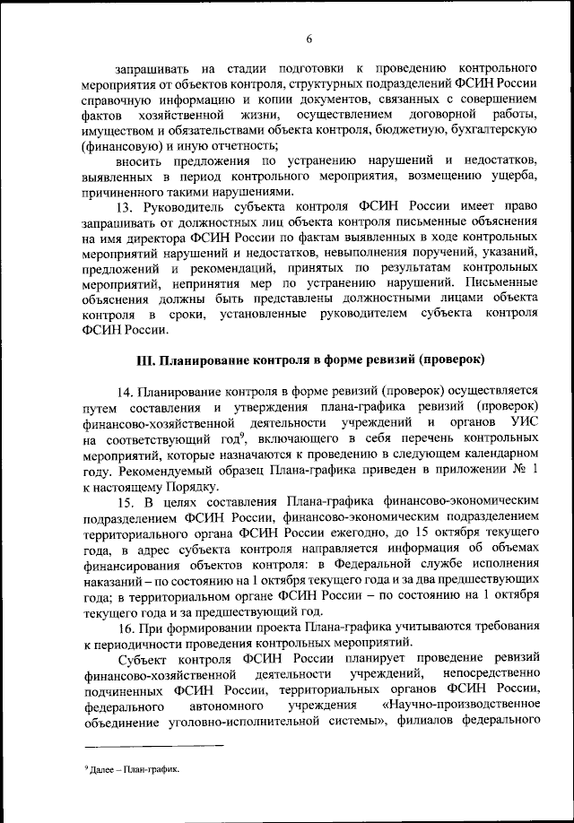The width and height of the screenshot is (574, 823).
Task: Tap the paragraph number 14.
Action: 124,390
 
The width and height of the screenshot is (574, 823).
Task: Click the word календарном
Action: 498,455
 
